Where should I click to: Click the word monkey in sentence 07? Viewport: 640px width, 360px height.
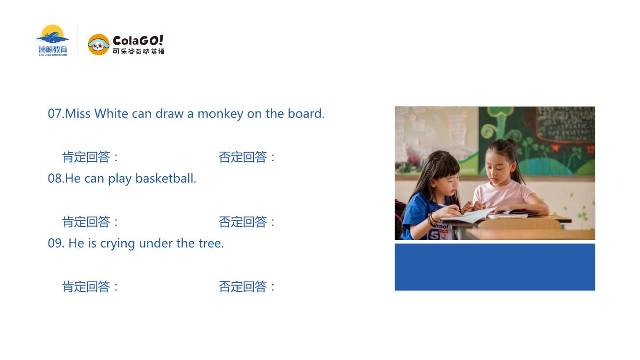(x=220, y=114)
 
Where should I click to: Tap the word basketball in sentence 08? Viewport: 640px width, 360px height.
(x=166, y=178)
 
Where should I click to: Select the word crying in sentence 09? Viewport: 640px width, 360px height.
(x=118, y=244)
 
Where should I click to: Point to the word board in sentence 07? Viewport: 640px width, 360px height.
(x=306, y=113)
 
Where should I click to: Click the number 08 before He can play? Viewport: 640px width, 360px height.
(x=54, y=179)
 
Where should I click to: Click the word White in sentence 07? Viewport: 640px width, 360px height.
(x=111, y=113)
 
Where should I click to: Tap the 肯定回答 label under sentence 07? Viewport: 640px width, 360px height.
(x=86, y=157)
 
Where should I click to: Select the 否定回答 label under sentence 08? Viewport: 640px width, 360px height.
(x=242, y=222)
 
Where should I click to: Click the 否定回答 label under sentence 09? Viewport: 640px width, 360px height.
(x=242, y=287)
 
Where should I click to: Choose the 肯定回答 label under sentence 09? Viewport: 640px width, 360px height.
(x=86, y=287)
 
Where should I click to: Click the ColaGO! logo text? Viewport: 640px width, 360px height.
(x=138, y=41)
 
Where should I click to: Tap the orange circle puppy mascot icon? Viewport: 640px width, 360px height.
(x=98, y=45)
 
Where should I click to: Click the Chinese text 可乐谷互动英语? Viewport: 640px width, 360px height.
(x=139, y=51)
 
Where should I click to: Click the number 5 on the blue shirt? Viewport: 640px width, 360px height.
(x=434, y=235)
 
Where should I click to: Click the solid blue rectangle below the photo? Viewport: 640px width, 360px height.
(x=495, y=267)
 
